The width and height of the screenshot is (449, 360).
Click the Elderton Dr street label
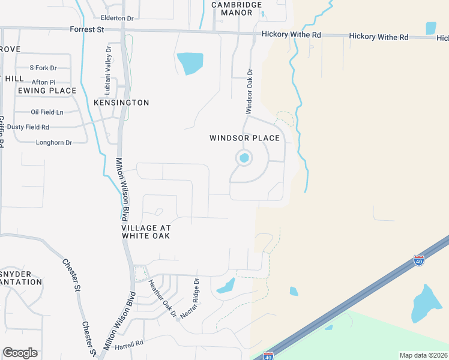117,19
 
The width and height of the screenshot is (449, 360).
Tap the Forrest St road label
82,29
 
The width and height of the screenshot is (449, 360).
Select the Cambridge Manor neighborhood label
237,8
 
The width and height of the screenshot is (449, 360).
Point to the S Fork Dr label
43,68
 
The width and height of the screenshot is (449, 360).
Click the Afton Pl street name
43,82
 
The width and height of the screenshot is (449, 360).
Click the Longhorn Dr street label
54,143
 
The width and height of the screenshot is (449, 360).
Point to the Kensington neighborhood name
121,103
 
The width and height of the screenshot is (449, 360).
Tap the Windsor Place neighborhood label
244,139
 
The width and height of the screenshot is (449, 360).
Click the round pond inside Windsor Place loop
244,158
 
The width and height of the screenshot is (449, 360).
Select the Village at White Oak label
146,232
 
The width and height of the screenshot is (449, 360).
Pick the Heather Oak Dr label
163,299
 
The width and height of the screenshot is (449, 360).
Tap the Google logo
20,353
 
